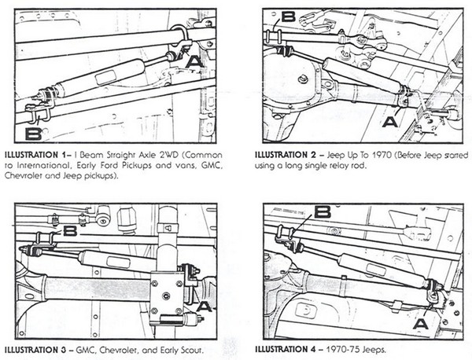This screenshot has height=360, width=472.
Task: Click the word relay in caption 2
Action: pyautogui.click(x=355, y=165)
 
